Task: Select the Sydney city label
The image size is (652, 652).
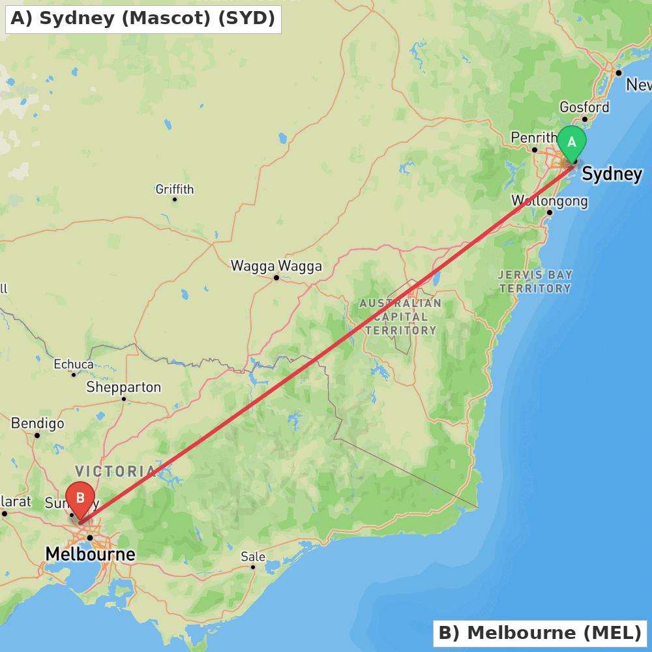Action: pyautogui.click(x=612, y=174)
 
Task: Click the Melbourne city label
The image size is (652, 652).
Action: pyautogui.click(x=90, y=555)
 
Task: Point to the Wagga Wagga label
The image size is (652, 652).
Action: pyautogui.click(x=276, y=266)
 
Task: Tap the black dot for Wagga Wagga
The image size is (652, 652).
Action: pyautogui.click(x=276, y=278)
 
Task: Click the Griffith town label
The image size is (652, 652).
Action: pyautogui.click(x=175, y=190)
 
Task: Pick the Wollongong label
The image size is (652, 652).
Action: pyautogui.click(x=550, y=201)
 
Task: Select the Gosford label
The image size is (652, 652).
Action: pyautogui.click(x=585, y=107)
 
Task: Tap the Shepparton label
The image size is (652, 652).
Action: pyautogui.click(x=124, y=387)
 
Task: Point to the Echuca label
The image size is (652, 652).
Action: pyautogui.click(x=74, y=364)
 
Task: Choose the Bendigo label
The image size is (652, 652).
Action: pyautogui.click(x=38, y=424)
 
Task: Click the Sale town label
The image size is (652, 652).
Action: pyautogui.click(x=253, y=557)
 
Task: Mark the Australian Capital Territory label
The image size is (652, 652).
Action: pyautogui.click(x=400, y=317)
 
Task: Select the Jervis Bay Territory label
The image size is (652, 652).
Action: pyautogui.click(x=535, y=281)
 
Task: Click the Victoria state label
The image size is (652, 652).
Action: pyautogui.click(x=115, y=471)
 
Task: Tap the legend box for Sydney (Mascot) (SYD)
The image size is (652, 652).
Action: pyautogui.click(x=143, y=19)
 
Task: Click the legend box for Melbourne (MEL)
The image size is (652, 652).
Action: pyautogui.click(x=540, y=633)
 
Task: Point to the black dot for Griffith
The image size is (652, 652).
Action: pyautogui.click(x=175, y=200)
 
